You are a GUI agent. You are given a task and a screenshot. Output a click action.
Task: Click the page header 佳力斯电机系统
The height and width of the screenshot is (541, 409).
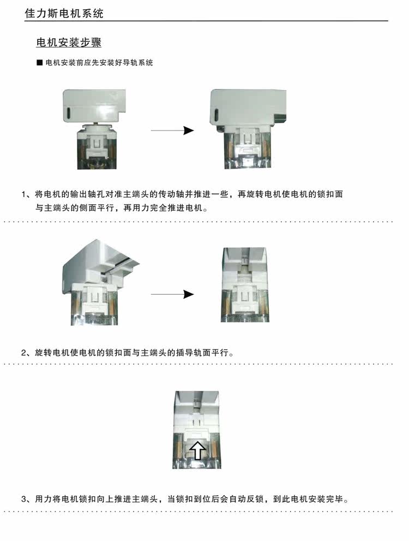point(64,14)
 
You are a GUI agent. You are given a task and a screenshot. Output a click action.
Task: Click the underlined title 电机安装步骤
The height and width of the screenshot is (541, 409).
point(69,42)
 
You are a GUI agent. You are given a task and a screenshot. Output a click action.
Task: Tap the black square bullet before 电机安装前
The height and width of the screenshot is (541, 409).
point(39,63)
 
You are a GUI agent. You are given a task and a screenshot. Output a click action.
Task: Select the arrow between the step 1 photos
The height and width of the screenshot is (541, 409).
point(172,130)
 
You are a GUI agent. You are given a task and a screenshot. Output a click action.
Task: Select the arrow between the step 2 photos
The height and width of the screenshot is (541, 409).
point(172,294)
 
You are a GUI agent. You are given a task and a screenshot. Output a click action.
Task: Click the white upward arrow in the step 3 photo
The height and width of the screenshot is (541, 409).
point(197,450)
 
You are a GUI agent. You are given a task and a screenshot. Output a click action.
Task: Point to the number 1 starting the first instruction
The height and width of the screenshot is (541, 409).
point(24,194)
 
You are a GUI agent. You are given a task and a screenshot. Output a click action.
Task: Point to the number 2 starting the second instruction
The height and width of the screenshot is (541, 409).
point(24,353)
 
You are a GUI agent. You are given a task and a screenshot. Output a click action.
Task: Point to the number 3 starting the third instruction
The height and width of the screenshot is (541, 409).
point(24,499)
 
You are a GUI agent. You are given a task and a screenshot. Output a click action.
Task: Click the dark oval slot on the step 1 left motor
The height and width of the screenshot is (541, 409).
point(68,113)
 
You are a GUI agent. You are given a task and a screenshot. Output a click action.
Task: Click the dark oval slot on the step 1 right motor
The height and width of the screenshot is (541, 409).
point(216,115)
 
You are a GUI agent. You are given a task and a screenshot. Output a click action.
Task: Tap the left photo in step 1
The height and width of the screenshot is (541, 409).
point(94,129)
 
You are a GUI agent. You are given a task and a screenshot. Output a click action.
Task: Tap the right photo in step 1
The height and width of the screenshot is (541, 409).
point(248,129)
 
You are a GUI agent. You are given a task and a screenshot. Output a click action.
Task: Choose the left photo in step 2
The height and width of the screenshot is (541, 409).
point(100,282)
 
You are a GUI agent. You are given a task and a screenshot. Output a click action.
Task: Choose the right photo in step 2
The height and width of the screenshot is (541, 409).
point(245,284)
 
